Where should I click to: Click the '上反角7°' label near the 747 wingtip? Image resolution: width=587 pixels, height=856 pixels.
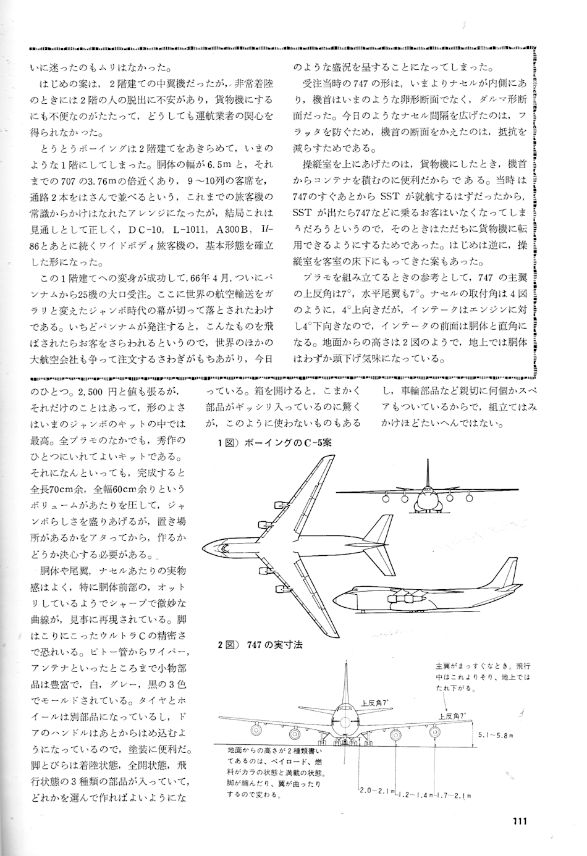tap(452, 715)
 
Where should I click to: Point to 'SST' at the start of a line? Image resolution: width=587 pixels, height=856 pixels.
tap(304, 212)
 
